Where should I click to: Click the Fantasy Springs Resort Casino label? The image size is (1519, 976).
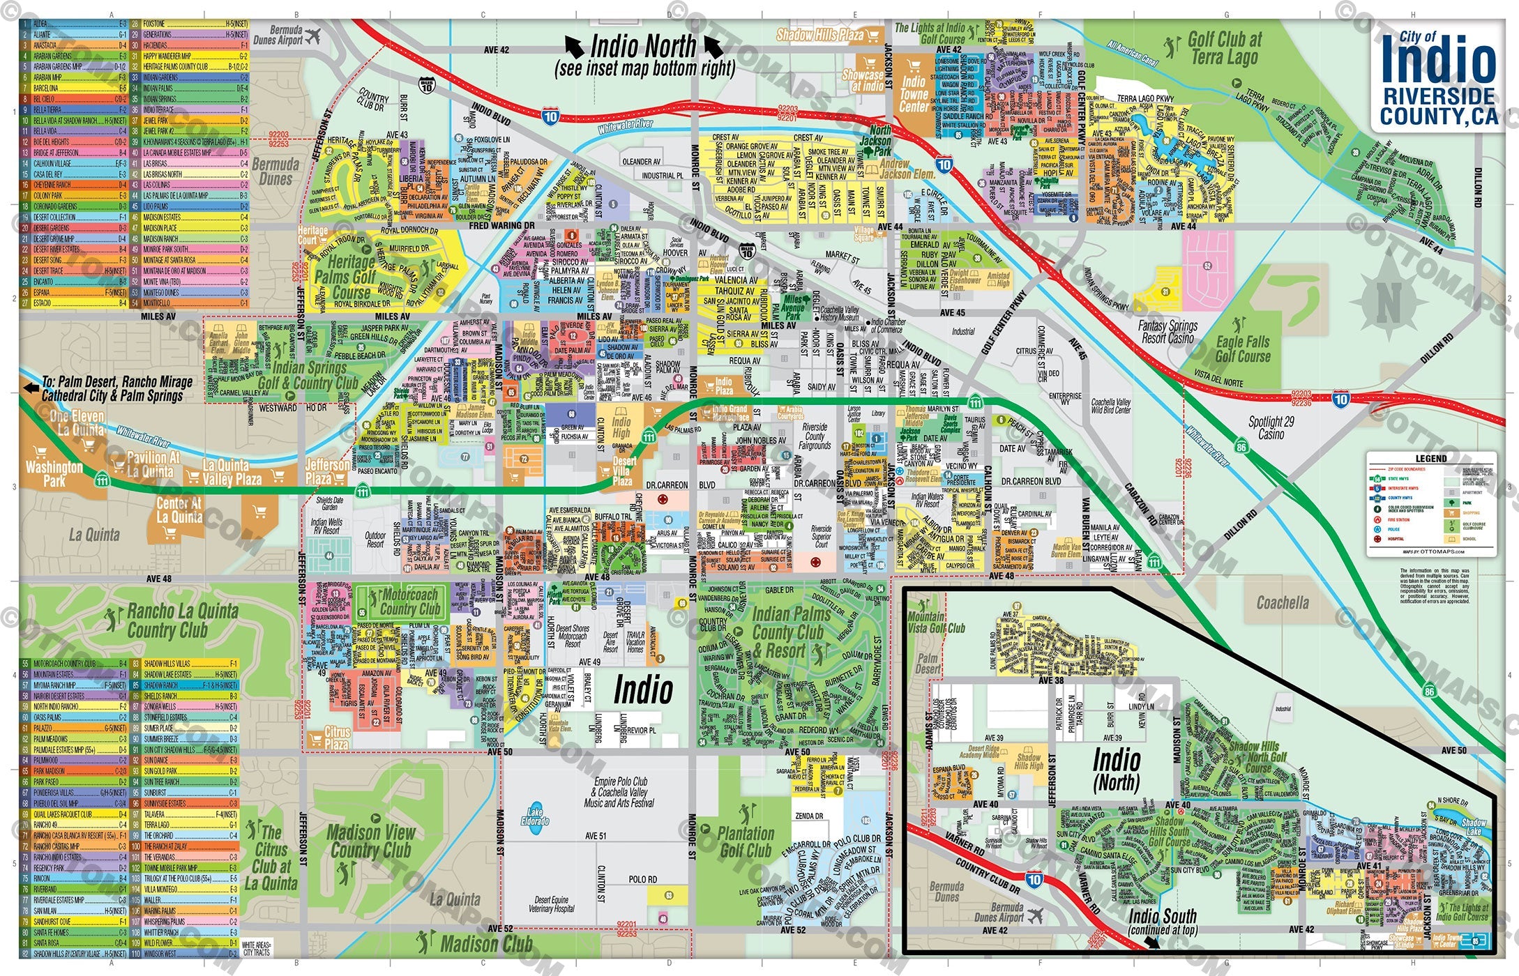[1167, 332]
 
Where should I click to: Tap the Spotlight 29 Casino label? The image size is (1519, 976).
[1271, 428]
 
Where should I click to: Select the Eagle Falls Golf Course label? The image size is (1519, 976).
[1242, 349]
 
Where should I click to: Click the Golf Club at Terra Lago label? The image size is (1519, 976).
[1224, 48]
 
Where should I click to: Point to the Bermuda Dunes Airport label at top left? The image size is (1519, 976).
[278, 36]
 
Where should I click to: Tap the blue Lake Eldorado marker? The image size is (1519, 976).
[535, 816]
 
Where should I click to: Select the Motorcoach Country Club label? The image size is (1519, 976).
[409, 602]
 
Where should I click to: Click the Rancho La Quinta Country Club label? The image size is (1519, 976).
[182, 620]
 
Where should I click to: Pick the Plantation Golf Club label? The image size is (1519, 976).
[746, 841]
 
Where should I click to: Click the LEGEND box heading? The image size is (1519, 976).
[1430, 459]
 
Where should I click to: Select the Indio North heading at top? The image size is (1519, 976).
[643, 55]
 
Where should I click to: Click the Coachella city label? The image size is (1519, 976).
[1282, 602]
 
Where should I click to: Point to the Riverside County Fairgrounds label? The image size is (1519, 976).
[815, 436]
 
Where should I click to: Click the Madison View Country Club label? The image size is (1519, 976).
[370, 841]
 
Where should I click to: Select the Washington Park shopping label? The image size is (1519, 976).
[54, 474]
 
